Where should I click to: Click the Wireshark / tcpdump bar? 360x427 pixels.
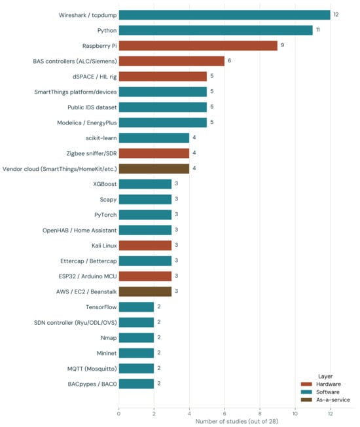225,15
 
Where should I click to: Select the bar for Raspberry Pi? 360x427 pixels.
198,46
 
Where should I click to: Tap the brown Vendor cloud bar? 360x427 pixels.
154,169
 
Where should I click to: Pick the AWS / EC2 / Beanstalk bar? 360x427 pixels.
145,291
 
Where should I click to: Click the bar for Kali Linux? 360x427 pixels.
145,246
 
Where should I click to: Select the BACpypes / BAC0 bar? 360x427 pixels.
136,384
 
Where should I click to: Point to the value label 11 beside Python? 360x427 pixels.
318,29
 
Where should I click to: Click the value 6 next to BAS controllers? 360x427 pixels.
229,60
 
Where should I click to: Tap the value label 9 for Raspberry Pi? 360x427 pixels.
283,45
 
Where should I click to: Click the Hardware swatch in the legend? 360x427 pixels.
306,384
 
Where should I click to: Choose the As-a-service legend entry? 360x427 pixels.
325,400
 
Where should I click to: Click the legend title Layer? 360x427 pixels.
325,377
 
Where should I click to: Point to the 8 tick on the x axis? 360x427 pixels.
260,414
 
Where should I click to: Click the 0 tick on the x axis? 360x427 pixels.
118,414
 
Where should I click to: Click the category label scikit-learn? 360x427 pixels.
101,138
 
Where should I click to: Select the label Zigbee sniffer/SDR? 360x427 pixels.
92,154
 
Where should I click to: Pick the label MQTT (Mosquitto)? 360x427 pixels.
92,369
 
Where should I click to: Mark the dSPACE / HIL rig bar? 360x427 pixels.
163,77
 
